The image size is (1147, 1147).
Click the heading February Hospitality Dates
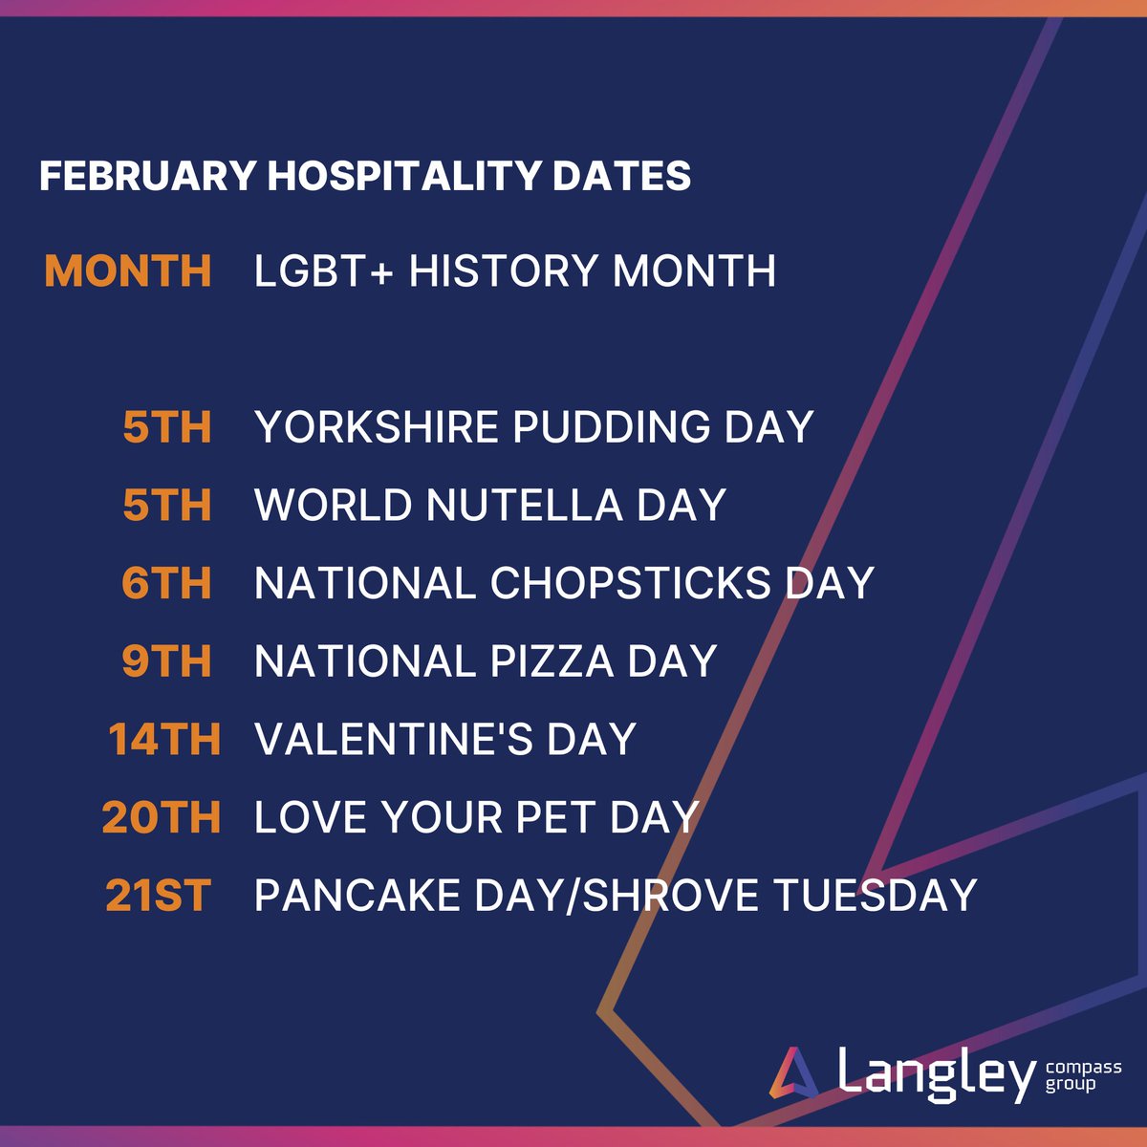(x=364, y=177)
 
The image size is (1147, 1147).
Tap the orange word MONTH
(x=128, y=271)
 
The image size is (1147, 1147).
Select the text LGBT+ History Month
(x=514, y=271)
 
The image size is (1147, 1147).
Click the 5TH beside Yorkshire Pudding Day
(x=167, y=427)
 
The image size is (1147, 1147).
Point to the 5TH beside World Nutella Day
(x=167, y=506)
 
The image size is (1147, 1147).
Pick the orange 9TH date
(x=166, y=661)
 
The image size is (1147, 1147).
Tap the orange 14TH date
(x=163, y=740)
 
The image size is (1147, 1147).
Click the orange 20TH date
(x=161, y=818)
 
